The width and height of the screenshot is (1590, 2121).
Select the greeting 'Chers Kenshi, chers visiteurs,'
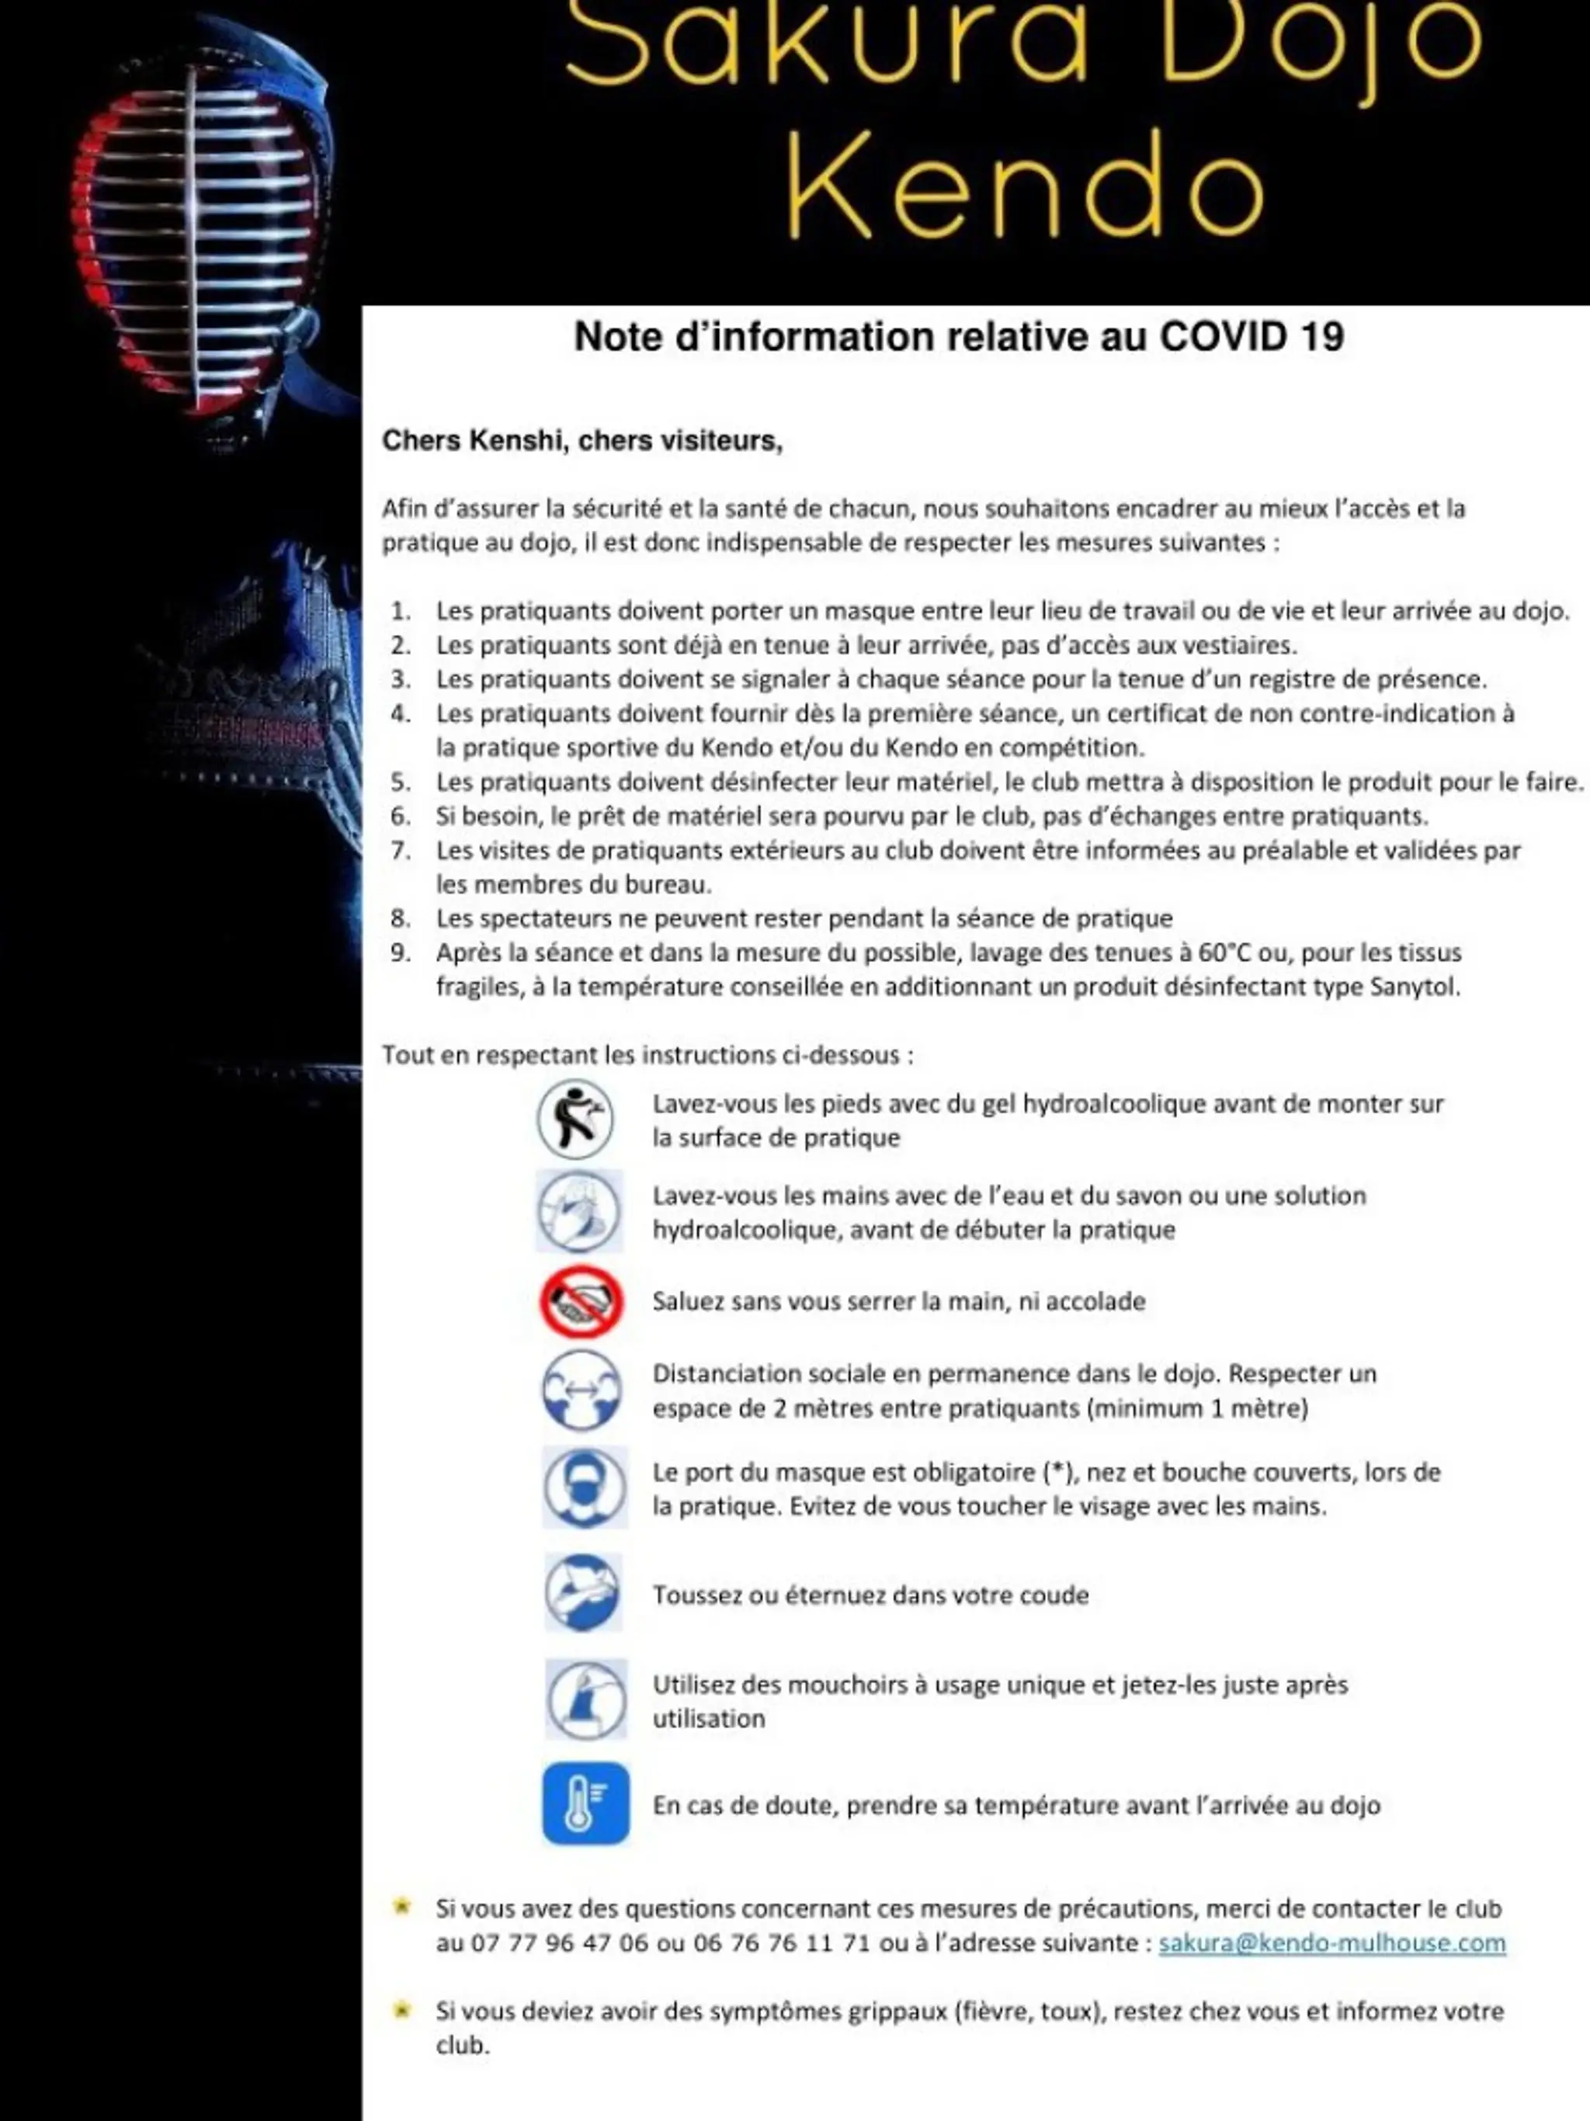point(582,441)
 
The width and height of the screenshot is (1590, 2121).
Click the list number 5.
point(400,783)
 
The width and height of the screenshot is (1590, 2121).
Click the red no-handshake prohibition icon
point(581,1302)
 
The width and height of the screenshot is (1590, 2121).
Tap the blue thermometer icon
point(585,1803)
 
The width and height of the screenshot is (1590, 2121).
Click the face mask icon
point(584,1487)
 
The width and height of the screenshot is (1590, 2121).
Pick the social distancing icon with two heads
point(581,1390)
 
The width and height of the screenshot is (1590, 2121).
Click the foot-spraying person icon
point(575,1119)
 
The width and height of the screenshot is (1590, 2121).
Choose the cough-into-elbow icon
point(583,1592)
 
